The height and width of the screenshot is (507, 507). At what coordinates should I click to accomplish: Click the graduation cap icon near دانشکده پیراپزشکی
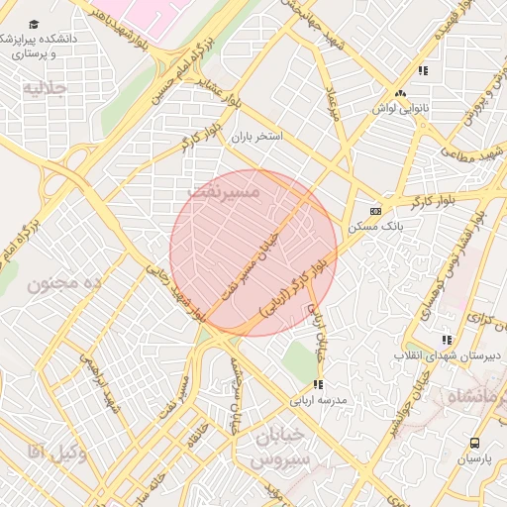click(35, 24)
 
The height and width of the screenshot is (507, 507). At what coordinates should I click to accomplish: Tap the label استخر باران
click(255, 137)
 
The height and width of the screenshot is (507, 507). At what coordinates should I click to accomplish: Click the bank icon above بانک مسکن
click(375, 211)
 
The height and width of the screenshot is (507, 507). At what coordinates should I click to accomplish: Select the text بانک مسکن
click(370, 228)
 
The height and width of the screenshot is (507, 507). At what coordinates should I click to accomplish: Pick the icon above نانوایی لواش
click(400, 94)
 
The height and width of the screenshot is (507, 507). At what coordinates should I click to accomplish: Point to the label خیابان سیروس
click(281, 448)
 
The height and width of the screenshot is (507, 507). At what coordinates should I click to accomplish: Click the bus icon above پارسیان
click(474, 443)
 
